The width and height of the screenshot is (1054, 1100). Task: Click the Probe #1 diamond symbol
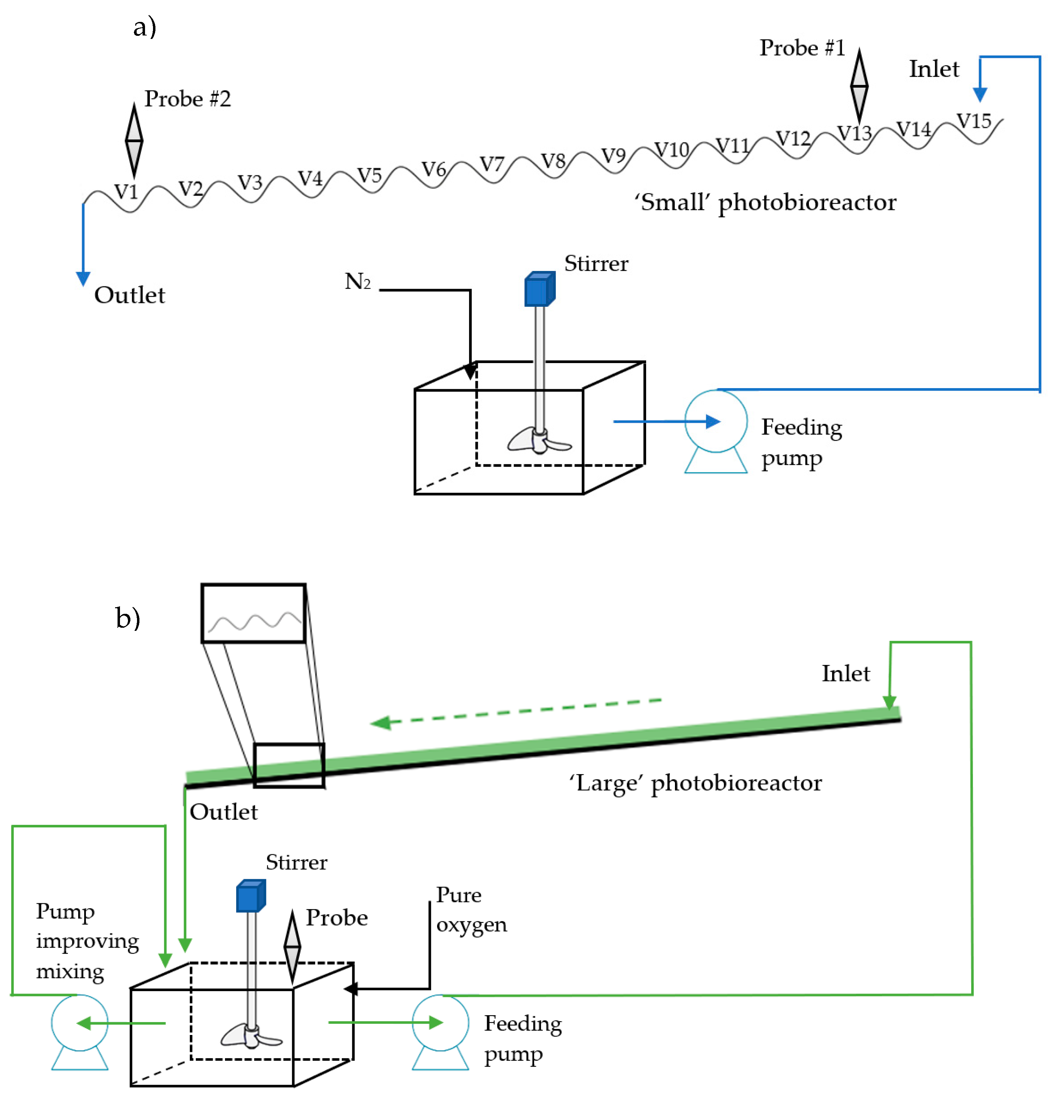tap(859, 86)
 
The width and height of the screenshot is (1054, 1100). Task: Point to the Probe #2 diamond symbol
tap(134, 140)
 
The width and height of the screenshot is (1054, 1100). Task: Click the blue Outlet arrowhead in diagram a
tap(83, 278)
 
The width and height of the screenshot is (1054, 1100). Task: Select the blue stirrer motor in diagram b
tap(250, 896)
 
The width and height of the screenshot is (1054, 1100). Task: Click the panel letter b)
tap(127, 618)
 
